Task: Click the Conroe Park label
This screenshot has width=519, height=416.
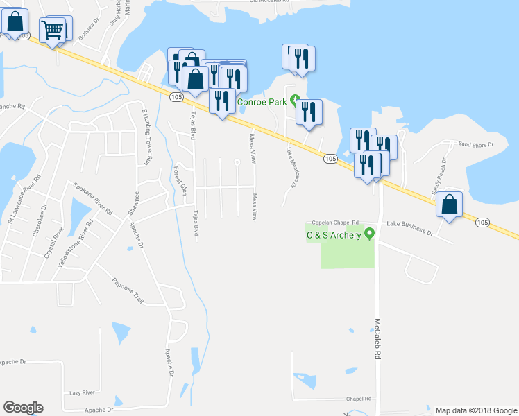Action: point(262,102)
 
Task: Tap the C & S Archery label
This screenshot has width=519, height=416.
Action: point(334,235)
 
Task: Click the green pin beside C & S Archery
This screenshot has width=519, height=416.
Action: point(369,234)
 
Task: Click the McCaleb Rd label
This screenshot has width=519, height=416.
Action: point(378,338)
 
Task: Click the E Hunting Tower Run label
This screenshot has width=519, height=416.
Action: point(146,135)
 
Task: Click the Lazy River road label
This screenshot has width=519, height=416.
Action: point(82,392)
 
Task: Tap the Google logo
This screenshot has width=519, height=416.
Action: point(23,408)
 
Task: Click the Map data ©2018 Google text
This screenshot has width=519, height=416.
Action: point(475,410)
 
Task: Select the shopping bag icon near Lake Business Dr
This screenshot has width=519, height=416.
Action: point(450,205)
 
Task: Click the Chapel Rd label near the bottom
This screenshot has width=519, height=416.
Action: point(359,399)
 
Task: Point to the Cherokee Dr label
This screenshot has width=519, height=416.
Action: point(39,220)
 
